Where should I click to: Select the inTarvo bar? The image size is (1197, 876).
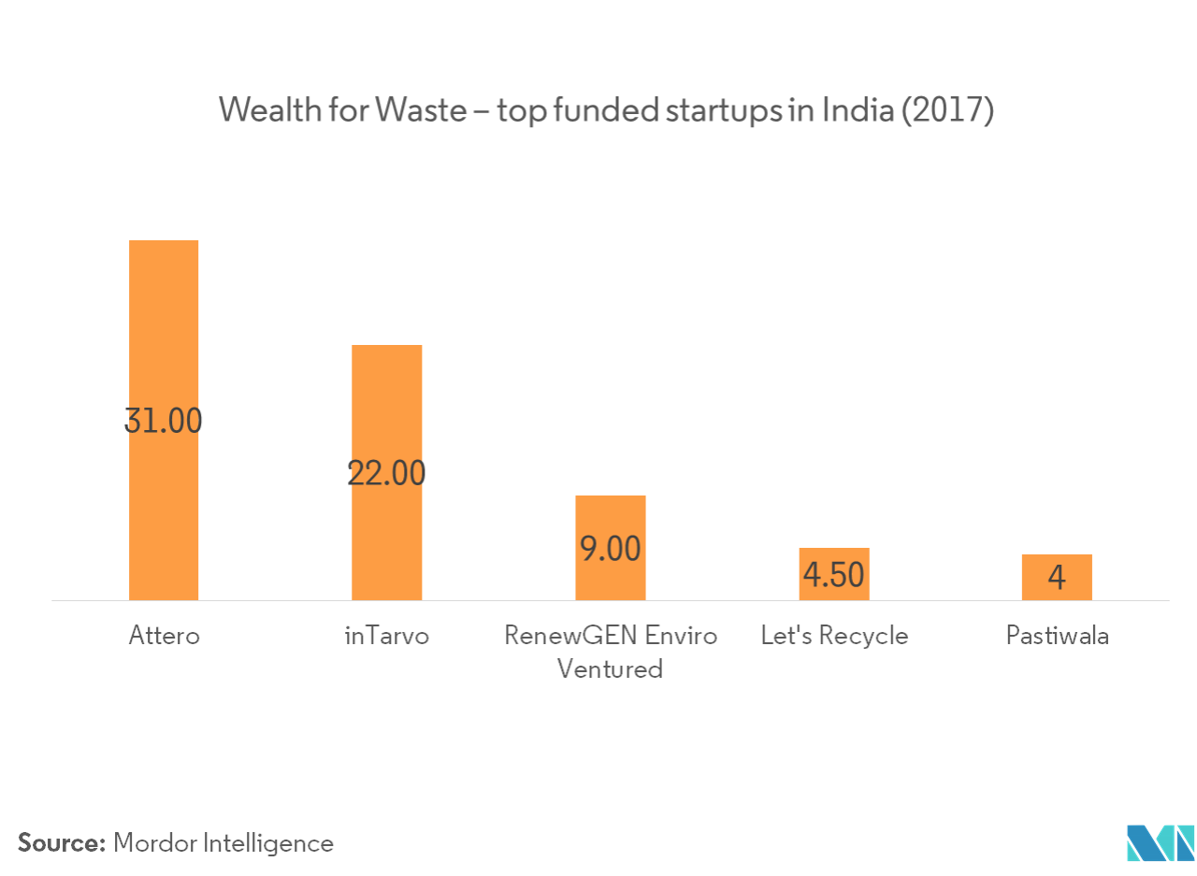point(386,402)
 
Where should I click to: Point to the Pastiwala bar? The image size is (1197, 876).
point(1056,562)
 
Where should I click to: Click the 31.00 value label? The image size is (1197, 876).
point(164,422)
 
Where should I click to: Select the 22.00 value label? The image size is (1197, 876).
point(386,474)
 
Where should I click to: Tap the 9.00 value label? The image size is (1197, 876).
point(610,549)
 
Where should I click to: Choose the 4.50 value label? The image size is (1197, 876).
point(833,575)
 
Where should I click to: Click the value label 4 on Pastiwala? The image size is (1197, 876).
point(1056,578)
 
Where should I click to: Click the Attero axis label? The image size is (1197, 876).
point(164,636)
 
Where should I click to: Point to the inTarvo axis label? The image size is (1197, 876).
point(386,636)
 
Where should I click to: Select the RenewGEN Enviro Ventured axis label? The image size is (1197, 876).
point(610,652)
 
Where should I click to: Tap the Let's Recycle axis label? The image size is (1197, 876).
point(833,636)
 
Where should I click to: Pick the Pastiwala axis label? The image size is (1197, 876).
point(1057,636)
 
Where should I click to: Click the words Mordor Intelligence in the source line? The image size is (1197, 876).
point(224,843)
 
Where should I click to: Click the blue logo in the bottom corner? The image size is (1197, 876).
point(1160,842)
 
